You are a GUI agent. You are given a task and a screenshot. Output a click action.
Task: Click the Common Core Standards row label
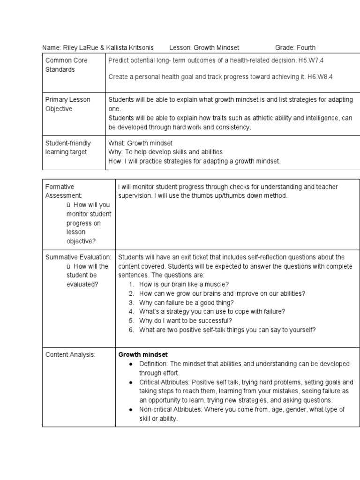[x=66, y=65]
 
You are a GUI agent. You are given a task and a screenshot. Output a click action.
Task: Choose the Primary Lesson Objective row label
[x=67, y=104]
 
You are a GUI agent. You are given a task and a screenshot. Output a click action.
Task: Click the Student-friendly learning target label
[x=68, y=148]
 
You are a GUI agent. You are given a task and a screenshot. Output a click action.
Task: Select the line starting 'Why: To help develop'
[x=166, y=152]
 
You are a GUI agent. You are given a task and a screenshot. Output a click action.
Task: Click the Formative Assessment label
[x=64, y=191]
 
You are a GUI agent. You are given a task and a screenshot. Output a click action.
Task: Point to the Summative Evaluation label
[x=78, y=257]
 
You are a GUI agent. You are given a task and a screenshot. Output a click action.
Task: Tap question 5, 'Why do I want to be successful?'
[x=186, y=321]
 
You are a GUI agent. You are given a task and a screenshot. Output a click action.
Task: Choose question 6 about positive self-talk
[x=227, y=330]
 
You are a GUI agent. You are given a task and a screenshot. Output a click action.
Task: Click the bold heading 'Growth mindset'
[x=143, y=354]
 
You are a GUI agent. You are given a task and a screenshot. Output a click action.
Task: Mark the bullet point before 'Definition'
[x=130, y=364]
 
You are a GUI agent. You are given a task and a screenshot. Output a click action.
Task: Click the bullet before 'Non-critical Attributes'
[x=130, y=410]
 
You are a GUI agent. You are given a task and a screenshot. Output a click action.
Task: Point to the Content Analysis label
[x=70, y=355]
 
